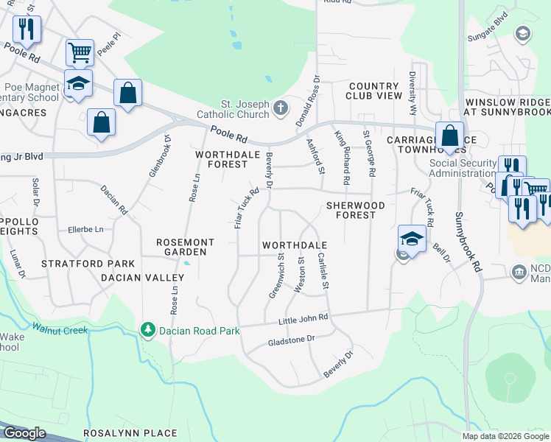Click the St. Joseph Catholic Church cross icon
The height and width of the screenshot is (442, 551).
[280, 108]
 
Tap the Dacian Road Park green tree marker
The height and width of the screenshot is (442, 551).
[148, 331]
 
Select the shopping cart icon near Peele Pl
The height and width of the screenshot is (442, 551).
[80, 52]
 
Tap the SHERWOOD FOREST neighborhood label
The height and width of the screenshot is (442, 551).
[351, 210]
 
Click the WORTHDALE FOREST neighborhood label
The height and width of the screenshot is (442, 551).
[221, 159]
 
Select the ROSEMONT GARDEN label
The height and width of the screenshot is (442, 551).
[185, 247]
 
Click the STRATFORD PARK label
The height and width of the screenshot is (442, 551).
[88, 264]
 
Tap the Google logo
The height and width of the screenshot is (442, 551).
[24, 433]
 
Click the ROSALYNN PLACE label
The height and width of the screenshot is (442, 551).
[119, 433]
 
